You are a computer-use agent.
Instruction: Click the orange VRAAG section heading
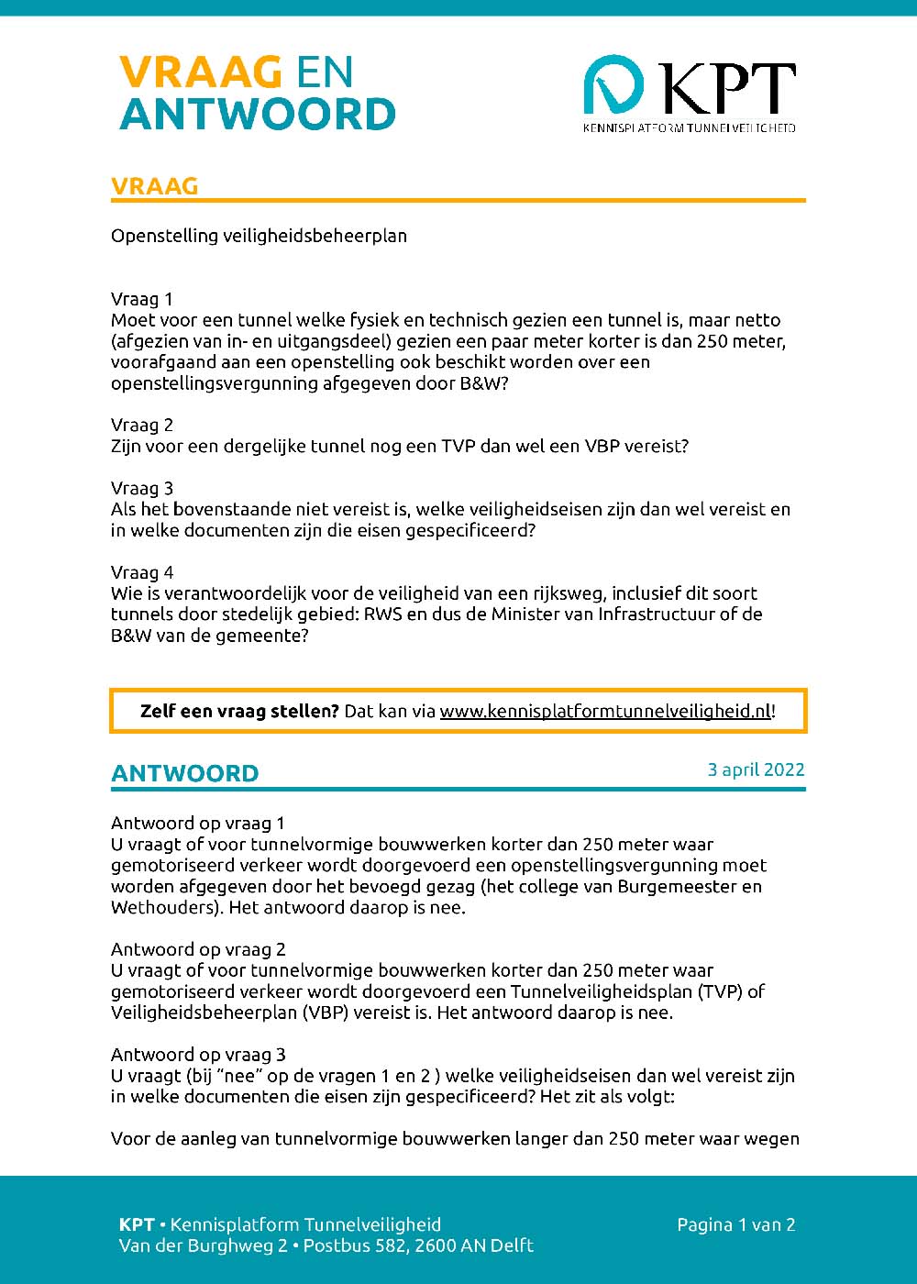[155, 186]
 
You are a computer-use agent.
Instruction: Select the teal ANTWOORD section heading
[185, 773]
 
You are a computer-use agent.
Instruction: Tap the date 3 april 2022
[756, 769]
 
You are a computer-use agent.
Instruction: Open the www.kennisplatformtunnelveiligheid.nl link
[605, 711]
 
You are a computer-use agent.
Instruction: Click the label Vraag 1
[142, 299]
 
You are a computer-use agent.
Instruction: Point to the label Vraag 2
[142, 425]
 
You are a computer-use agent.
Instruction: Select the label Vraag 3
[142, 488]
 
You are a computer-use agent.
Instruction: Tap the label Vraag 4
[142, 572]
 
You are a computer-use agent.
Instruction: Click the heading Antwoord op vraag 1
[198, 823]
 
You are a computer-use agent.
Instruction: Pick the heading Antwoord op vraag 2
[198, 949]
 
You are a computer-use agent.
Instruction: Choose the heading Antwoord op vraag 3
[198, 1055]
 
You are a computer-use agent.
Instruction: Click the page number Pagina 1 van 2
[735, 1224]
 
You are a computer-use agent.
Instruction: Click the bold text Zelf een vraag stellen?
[239, 711]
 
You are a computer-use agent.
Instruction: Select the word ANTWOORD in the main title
[258, 115]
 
